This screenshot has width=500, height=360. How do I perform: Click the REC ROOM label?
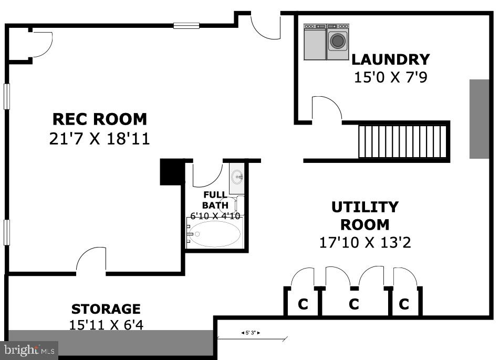(100, 119)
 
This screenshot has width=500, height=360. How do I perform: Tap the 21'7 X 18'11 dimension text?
(99, 139)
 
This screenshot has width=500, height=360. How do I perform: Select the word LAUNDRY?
(391, 60)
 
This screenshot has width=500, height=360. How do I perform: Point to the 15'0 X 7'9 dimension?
(391, 77)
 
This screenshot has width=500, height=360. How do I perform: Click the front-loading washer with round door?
(338, 42)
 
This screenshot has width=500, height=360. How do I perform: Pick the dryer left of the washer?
(315, 42)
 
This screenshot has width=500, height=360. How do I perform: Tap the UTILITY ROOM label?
(365, 216)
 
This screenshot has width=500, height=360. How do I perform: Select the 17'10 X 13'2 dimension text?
(365, 242)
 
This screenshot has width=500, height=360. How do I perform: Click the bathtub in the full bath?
(214, 234)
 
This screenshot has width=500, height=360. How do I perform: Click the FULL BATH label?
(215, 200)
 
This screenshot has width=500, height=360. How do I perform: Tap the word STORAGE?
(106, 309)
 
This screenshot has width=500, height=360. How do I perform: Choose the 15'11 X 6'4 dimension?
(106, 325)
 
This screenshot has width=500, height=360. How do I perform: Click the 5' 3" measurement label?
(251, 333)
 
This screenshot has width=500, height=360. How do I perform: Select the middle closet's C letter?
(353, 304)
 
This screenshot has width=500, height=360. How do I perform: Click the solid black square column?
(172, 172)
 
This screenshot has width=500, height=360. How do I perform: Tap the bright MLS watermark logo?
(29, 350)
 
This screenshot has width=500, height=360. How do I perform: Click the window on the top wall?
(186, 26)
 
